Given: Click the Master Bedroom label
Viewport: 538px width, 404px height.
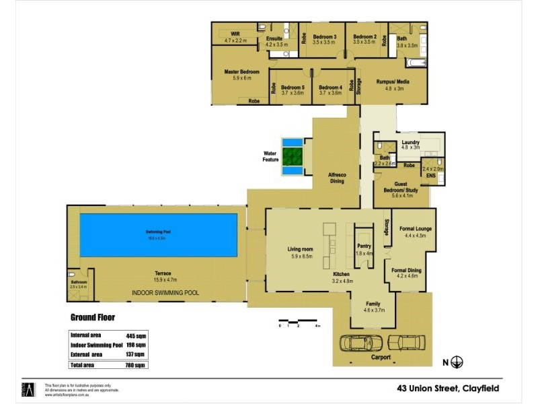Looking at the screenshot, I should tap(241, 71).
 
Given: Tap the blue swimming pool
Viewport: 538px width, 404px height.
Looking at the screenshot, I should tap(159, 235).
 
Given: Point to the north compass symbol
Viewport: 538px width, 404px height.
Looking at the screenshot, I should tap(457, 362).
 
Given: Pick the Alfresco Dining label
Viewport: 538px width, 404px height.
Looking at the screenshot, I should tap(336, 178).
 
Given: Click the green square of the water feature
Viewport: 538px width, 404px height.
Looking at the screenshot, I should tap(293, 157).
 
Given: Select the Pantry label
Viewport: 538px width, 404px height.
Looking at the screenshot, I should tap(364, 246).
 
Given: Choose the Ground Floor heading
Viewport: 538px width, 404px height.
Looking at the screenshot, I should tap(93, 317).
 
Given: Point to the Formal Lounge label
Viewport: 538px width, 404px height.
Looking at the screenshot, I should tap(416, 229).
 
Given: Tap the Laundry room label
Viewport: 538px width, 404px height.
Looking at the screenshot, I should tap(410, 143).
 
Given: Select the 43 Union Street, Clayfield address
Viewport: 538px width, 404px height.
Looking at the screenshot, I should tap(448, 388).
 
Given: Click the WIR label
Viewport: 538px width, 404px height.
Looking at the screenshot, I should tap(235, 33).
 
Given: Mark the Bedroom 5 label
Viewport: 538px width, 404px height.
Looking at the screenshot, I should tap(293, 88).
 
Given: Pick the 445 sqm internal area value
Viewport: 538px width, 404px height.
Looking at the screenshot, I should tap(135, 335).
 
